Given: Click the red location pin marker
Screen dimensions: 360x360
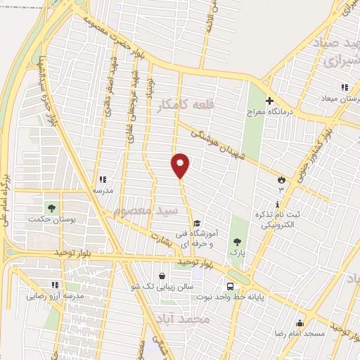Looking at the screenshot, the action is click(181, 165).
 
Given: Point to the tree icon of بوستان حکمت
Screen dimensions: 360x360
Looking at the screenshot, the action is click(51, 207).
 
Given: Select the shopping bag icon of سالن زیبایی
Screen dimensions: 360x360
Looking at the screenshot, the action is click(163, 276).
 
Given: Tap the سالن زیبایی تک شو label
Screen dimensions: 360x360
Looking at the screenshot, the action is click(162, 287).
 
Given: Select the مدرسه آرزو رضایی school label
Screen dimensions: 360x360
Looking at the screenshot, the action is click(56, 296).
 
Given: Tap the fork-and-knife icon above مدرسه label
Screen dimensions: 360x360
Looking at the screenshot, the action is click(103, 179).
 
